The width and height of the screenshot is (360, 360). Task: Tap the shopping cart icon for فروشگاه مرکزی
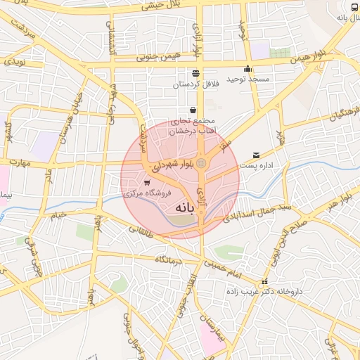click(x=146, y=183)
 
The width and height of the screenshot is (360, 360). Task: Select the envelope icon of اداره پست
click(x=255, y=155)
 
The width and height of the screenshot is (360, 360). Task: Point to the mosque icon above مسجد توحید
click(x=247, y=69)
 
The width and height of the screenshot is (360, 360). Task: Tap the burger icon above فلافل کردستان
click(x=195, y=73)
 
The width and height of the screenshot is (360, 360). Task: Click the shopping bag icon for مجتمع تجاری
click(x=193, y=110)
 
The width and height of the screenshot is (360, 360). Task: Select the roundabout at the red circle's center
click(x=202, y=164)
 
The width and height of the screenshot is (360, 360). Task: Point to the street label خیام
click(x=58, y=213)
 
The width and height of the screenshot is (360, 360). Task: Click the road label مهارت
click(x=17, y=164)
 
